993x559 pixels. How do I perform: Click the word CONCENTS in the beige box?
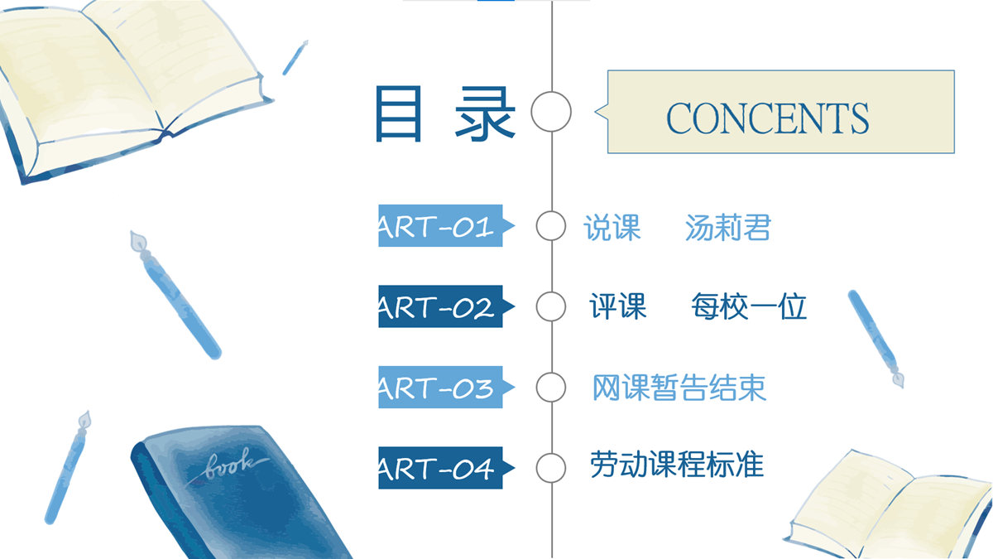click(x=767, y=118)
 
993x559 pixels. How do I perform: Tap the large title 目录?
click(x=445, y=114)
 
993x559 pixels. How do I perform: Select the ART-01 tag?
click(x=446, y=226)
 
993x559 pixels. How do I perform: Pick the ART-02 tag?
click(x=446, y=306)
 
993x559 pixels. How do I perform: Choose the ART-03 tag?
click(x=446, y=388)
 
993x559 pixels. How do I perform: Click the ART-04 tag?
click(x=446, y=468)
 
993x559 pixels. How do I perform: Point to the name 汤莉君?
click(x=728, y=228)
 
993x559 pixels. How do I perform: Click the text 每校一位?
click(x=749, y=306)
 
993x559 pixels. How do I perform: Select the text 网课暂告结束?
click(x=679, y=388)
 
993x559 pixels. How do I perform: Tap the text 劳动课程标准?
click(x=677, y=465)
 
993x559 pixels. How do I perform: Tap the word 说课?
click(x=612, y=228)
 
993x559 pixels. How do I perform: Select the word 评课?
click(x=618, y=306)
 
